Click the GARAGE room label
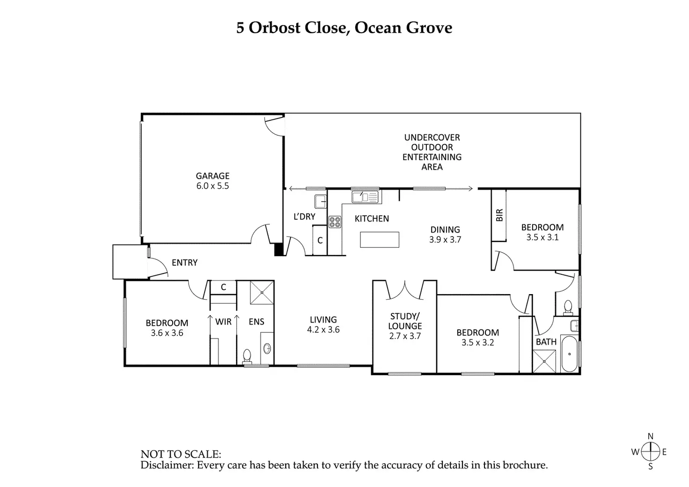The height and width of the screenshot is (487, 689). tap(213, 176)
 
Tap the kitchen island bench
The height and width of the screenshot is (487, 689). tap(380, 240)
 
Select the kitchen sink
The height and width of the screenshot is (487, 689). tap(365, 197)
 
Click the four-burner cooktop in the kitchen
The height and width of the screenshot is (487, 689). tap(335, 222)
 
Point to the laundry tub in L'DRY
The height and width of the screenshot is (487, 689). tap(321, 201)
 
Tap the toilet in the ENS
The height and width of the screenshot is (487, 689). tap(247, 357)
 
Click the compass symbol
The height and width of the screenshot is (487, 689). tap(650, 452)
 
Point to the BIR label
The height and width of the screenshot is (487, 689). tap(499, 215)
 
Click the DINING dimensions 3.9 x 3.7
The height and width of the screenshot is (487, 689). tap(445, 240)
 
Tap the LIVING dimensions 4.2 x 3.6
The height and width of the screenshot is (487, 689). tap(323, 330)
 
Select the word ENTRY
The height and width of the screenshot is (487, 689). tap(184, 263)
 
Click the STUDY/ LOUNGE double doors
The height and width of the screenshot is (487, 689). tap(405, 290)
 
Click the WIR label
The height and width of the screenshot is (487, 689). tap(223, 322)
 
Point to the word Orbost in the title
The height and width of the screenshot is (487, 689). tap(275, 28)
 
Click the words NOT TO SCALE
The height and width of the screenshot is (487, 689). tap(181, 454)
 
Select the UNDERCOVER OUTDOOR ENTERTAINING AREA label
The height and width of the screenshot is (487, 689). tap(432, 152)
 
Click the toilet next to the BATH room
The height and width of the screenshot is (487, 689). tap(568, 307)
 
